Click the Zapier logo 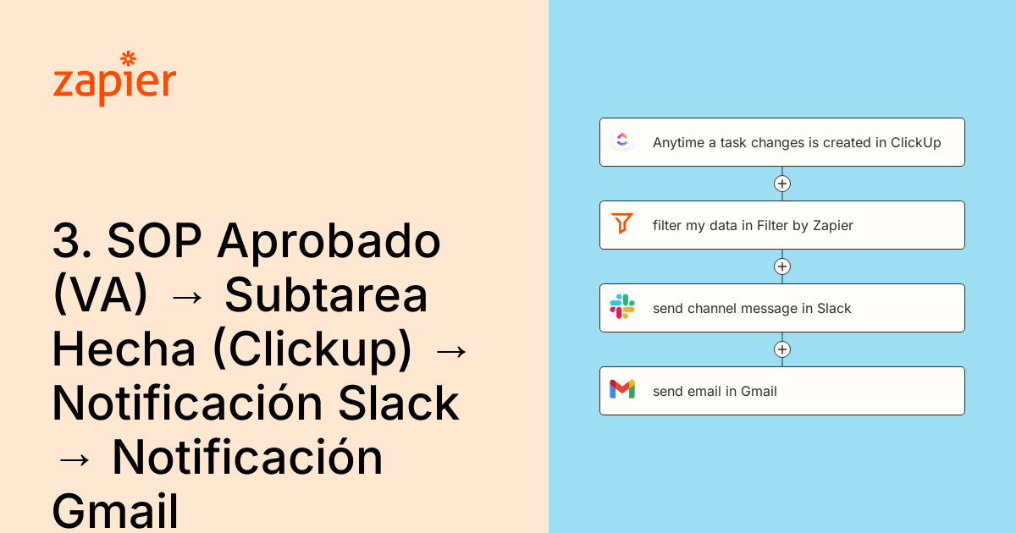point(114,80)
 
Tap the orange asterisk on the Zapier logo point(129,58)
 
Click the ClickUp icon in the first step point(622,141)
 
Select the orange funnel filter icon point(622,224)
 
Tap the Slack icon point(622,307)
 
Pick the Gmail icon point(622,389)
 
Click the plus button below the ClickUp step point(782,184)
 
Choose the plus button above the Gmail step point(782,349)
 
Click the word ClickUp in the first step point(915,143)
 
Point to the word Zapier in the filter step point(833,226)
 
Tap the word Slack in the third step point(834,309)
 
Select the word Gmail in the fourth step point(759,392)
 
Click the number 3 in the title point(66,242)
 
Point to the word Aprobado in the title point(329,244)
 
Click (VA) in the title point(100,296)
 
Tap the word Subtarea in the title point(326,296)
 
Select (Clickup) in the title point(312,350)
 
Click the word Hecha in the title point(124,350)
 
